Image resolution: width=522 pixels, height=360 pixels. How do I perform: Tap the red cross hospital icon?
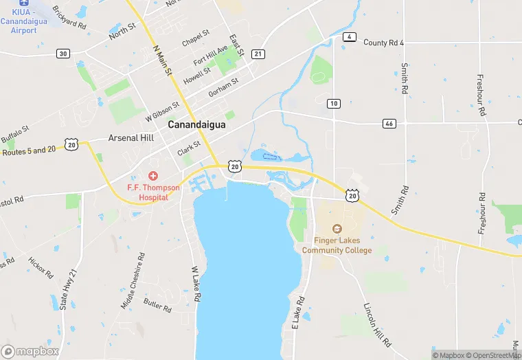pos(152,177)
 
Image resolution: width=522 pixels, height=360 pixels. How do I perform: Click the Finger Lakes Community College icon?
pos(337,228)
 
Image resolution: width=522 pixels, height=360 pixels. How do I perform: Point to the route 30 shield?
pos(63,54)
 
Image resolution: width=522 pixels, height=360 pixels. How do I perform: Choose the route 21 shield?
pos(258,54)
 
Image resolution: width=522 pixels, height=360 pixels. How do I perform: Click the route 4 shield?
pos(350,36)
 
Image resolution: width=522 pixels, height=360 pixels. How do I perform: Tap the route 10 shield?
pos(334,104)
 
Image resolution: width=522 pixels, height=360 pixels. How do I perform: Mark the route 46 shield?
pos(390,123)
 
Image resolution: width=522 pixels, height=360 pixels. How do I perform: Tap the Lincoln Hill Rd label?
pos(377,324)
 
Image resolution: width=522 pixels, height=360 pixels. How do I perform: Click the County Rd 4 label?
pos(383,43)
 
